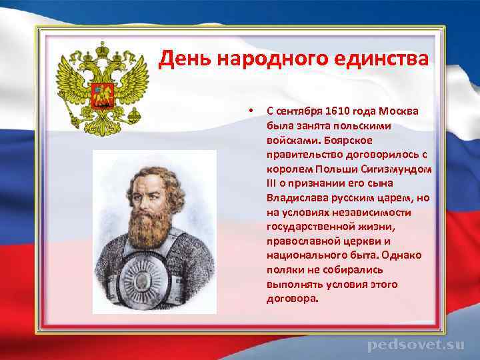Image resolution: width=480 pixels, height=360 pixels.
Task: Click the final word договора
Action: pyautogui.click(x=291, y=299)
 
